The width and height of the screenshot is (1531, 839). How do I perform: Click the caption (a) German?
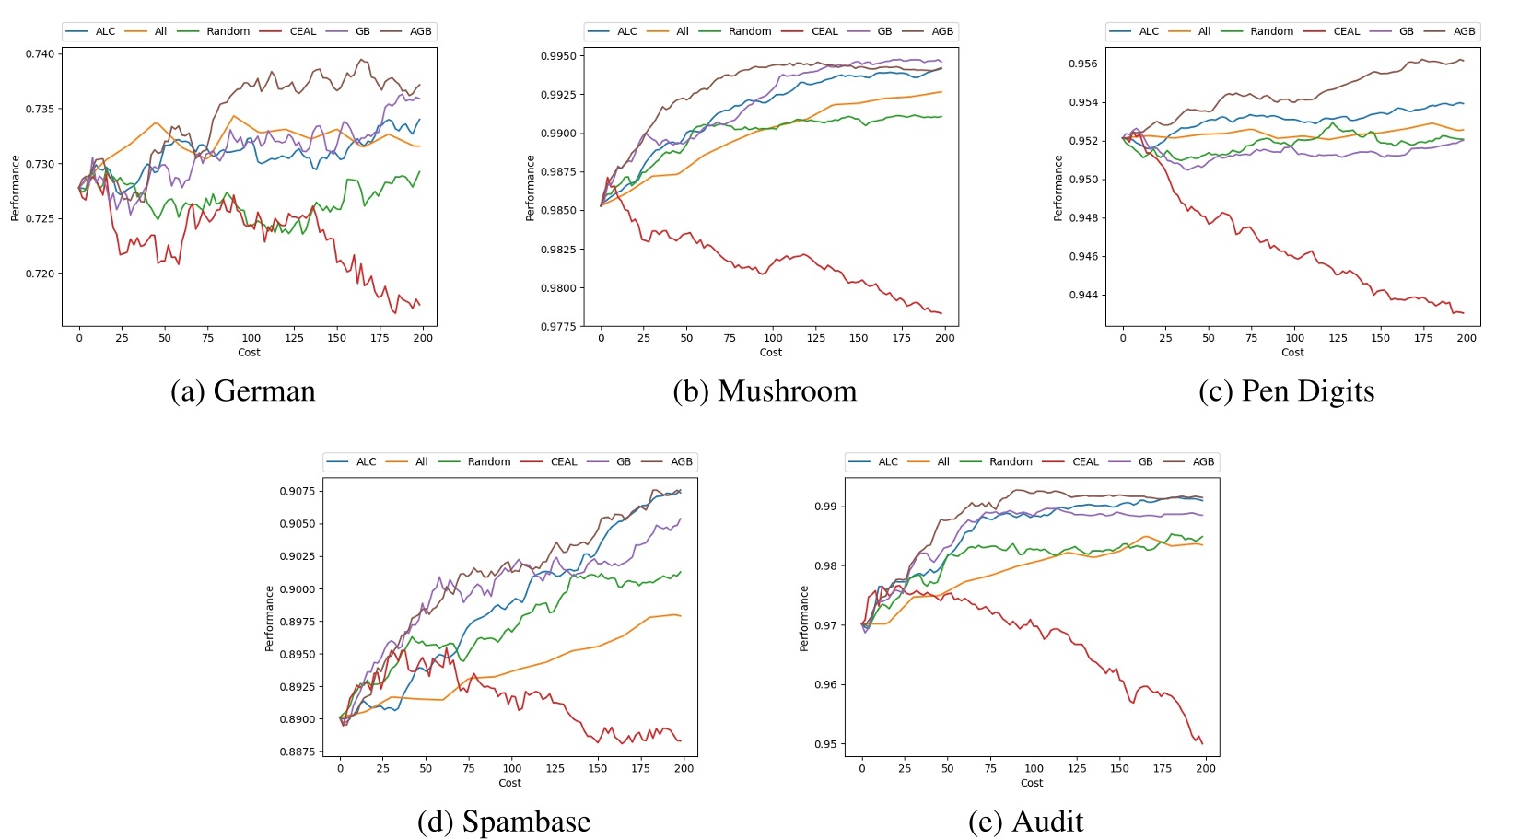(x=243, y=390)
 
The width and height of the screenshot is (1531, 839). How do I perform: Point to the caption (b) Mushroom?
(x=765, y=390)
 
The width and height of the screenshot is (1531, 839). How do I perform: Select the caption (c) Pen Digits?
(x=1286, y=390)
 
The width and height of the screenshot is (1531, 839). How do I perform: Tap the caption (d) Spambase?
(x=504, y=821)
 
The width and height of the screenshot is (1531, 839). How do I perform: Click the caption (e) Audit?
(x=1025, y=821)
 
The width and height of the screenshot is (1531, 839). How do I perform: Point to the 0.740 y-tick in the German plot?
(x=40, y=53)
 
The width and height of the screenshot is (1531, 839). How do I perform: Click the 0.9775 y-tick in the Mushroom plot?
(x=558, y=327)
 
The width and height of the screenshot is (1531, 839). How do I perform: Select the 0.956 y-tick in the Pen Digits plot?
(x=1082, y=64)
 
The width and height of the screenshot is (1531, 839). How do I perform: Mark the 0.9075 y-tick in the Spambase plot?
(x=298, y=491)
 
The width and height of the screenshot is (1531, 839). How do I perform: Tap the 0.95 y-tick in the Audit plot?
(x=825, y=744)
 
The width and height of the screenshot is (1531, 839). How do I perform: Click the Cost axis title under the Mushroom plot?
(x=771, y=352)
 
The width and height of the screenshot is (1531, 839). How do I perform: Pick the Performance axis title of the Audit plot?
(x=804, y=619)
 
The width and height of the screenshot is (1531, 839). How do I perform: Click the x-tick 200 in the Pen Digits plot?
(x=1467, y=338)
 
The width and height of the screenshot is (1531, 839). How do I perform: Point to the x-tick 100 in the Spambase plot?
(x=512, y=768)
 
